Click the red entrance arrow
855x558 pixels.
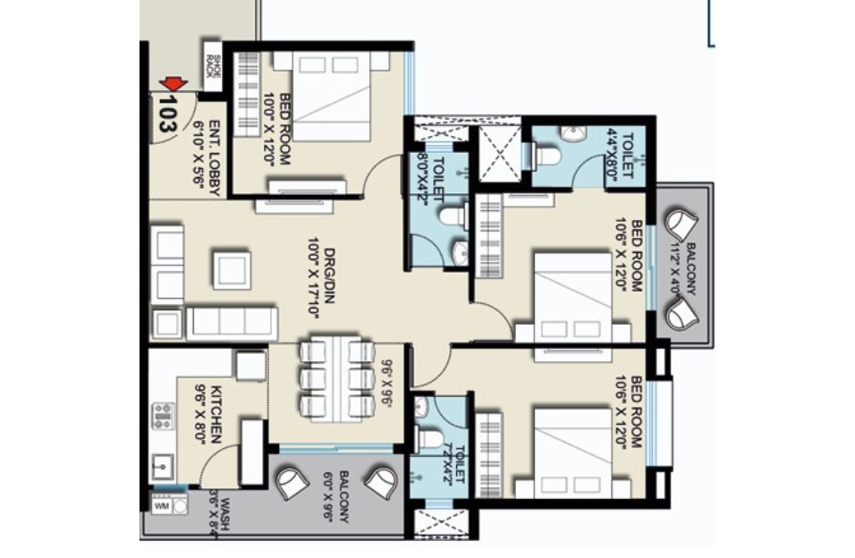(x=174, y=84)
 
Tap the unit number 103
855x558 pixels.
(x=165, y=114)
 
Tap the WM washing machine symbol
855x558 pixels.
(x=162, y=506)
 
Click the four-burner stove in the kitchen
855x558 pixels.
(x=163, y=416)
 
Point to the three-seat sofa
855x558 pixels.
(x=231, y=322)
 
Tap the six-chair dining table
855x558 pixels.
(x=335, y=378)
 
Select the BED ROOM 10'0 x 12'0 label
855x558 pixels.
(x=278, y=129)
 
